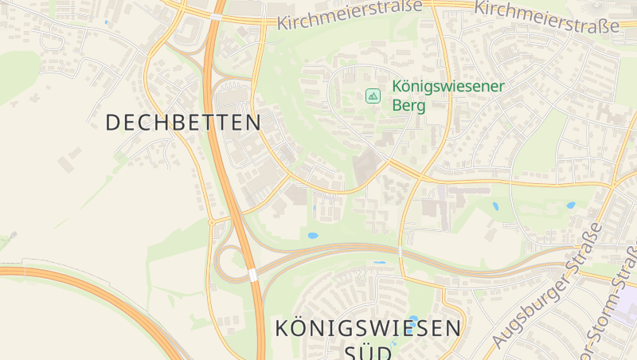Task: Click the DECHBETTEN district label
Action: (x=183, y=122)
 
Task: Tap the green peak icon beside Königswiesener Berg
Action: (x=373, y=96)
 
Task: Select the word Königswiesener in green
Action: (x=449, y=87)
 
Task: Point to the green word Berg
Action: (x=408, y=105)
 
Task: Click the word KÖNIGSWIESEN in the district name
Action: (x=367, y=327)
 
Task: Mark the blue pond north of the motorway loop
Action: (x=312, y=236)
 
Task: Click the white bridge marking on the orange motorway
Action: (x=252, y=275)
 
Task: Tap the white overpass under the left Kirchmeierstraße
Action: (x=217, y=16)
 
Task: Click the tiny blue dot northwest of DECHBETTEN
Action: (x=106, y=22)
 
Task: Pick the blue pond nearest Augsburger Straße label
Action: (x=570, y=205)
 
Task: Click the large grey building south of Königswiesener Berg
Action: (x=367, y=166)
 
